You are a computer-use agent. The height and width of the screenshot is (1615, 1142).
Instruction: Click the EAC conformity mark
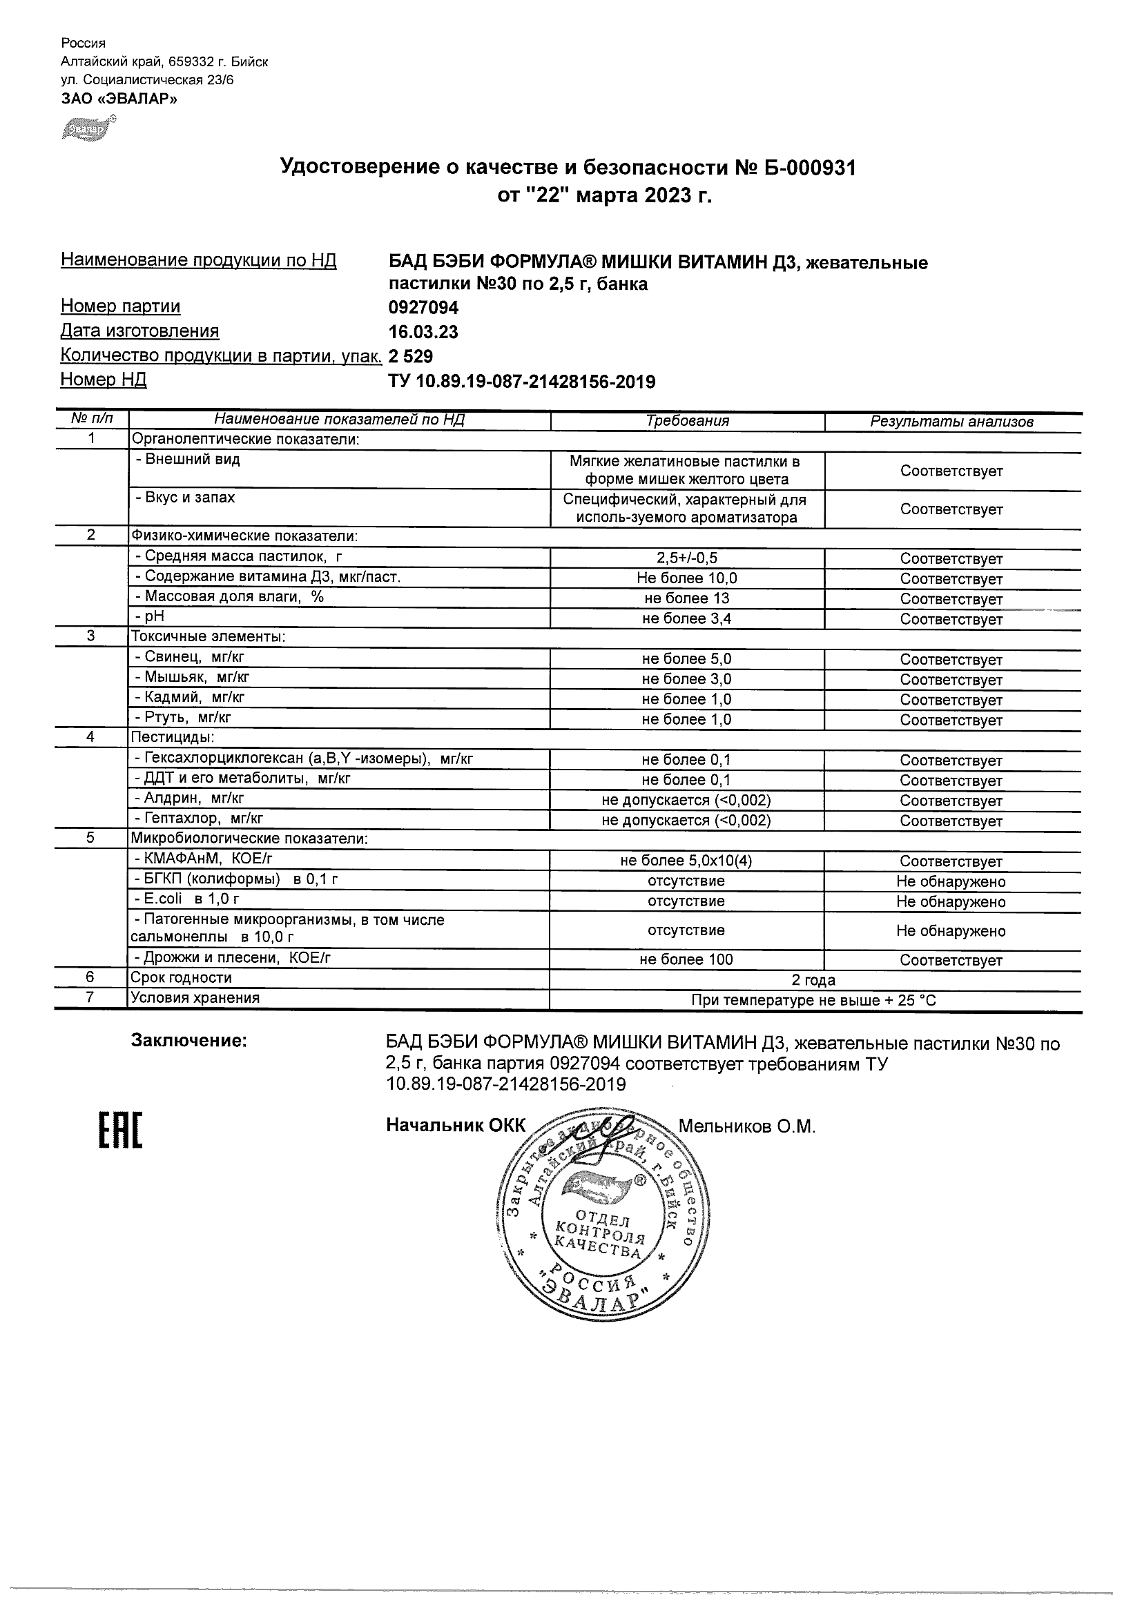[119, 1130]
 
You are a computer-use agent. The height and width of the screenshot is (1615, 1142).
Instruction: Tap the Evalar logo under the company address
[88, 130]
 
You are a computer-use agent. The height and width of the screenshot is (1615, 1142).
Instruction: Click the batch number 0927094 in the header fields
[423, 307]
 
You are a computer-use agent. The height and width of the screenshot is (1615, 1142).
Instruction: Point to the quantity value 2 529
[410, 357]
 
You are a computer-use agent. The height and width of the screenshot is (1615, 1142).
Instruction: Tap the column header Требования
[687, 421]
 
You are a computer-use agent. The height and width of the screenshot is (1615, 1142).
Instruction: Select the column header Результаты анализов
[951, 422]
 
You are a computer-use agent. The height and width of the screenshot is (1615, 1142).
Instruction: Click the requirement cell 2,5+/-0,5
[687, 559]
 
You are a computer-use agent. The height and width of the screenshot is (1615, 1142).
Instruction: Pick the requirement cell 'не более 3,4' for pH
[687, 619]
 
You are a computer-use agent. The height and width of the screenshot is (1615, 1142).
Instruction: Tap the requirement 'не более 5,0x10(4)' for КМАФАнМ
[687, 861]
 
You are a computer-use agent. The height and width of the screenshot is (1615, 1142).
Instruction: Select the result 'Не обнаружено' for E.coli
[951, 902]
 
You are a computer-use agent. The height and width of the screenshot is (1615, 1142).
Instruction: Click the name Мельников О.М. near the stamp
[746, 1127]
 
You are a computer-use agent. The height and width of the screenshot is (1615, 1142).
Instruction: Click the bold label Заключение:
[188, 1041]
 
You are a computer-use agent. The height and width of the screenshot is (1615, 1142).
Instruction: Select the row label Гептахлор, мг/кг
[198, 819]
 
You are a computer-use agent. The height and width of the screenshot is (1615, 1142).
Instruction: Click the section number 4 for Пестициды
[90, 737]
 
